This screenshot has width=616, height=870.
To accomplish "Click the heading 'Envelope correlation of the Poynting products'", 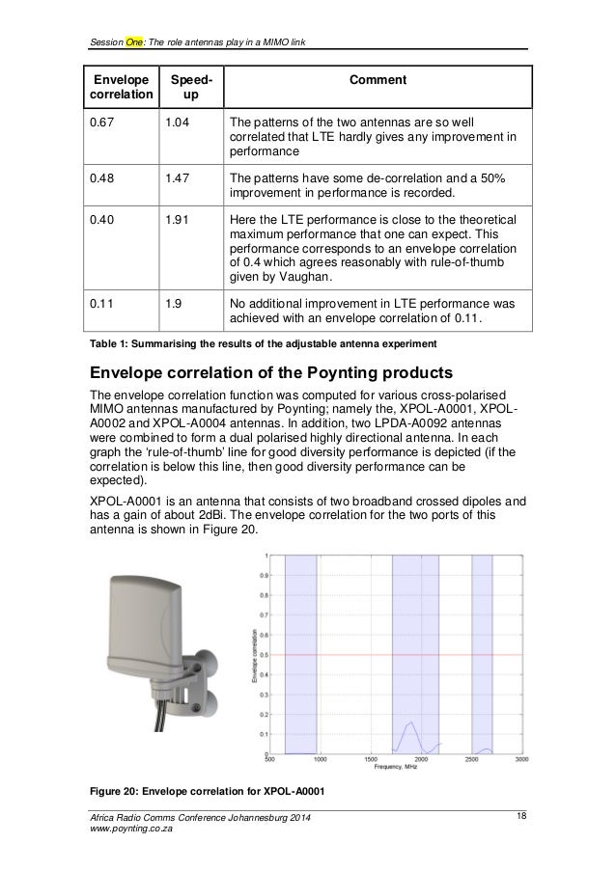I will coord(254,372).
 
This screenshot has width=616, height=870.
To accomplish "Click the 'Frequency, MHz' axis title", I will coord(398,768).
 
